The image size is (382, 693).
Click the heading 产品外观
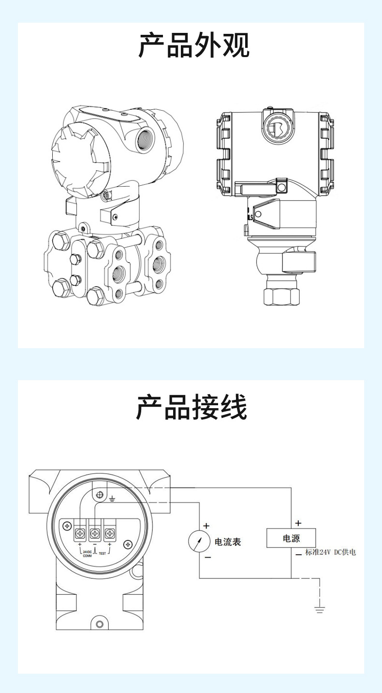click(x=194, y=46)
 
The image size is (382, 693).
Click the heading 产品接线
click(x=191, y=407)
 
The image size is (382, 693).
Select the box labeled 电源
click(x=291, y=538)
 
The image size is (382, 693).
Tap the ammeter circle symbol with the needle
click(x=199, y=541)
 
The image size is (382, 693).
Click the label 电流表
click(x=227, y=542)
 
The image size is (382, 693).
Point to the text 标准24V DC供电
click(x=331, y=552)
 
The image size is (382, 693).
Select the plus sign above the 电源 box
click(x=298, y=523)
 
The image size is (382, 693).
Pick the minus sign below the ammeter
click(x=208, y=558)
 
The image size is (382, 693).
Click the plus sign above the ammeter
click(x=206, y=526)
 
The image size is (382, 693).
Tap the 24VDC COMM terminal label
click(x=88, y=554)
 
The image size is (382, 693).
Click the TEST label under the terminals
click(x=102, y=554)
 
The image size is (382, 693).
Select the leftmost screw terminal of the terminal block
click(x=80, y=534)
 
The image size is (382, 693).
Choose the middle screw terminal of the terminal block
click(x=96, y=534)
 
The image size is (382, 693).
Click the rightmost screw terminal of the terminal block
click(x=111, y=534)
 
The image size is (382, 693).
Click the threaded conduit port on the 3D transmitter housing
click(x=145, y=139)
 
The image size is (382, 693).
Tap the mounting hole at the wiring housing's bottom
click(x=100, y=623)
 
